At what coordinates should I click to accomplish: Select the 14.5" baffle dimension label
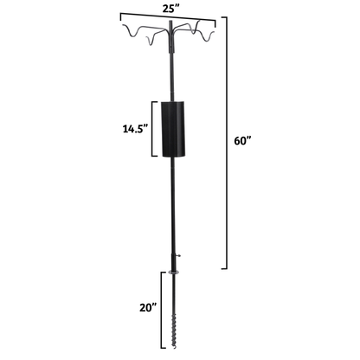[x=134, y=129]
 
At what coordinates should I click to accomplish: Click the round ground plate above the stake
[x=173, y=271]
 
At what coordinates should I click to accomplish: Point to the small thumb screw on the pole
[x=177, y=255]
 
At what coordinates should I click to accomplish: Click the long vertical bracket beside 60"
[x=227, y=143]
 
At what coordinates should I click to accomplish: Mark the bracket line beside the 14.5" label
[x=155, y=129]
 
